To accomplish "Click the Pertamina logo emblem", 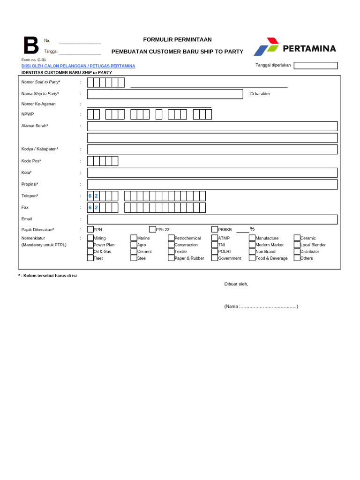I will pyautogui.click(x=266, y=47).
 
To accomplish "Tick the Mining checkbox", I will pyautogui.click(x=90, y=238).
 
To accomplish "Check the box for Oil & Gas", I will pyautogui.click(x=90, y=251).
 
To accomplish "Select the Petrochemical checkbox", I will pyautogui.click(x=171, y=238).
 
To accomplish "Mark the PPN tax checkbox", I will pyautogui.click(x=90, y=229).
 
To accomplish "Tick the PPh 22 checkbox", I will pyautogui.click(x=152, y=229).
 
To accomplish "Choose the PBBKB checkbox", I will pyautogui.click(x=215, y=229).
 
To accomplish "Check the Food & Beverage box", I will pyautogui.click(x=252, y=258).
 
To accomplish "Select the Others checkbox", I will pyautogui.click(x=297, y=258).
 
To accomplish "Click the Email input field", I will pyautogui.click(x=212, y=219).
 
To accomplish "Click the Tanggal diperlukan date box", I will pyautogui.click(x=315, y=66).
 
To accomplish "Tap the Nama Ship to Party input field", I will pyautogui.click(x=165, y=94).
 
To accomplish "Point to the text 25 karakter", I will pyautogui.click(x=260, y=94).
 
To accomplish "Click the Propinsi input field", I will pyautogui.click(x=212, y=184).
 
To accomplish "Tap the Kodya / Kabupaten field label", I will pyautogui.click(x=40, y=149).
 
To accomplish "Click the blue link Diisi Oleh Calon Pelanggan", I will pyautogui.click(x=78, y=66).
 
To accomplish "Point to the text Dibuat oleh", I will pyautogui.click(x=236, y=284).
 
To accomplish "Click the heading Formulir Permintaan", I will pyautogui.click(x=177, y=40).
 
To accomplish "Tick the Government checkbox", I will pyautogui.click(x=215, y=258).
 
